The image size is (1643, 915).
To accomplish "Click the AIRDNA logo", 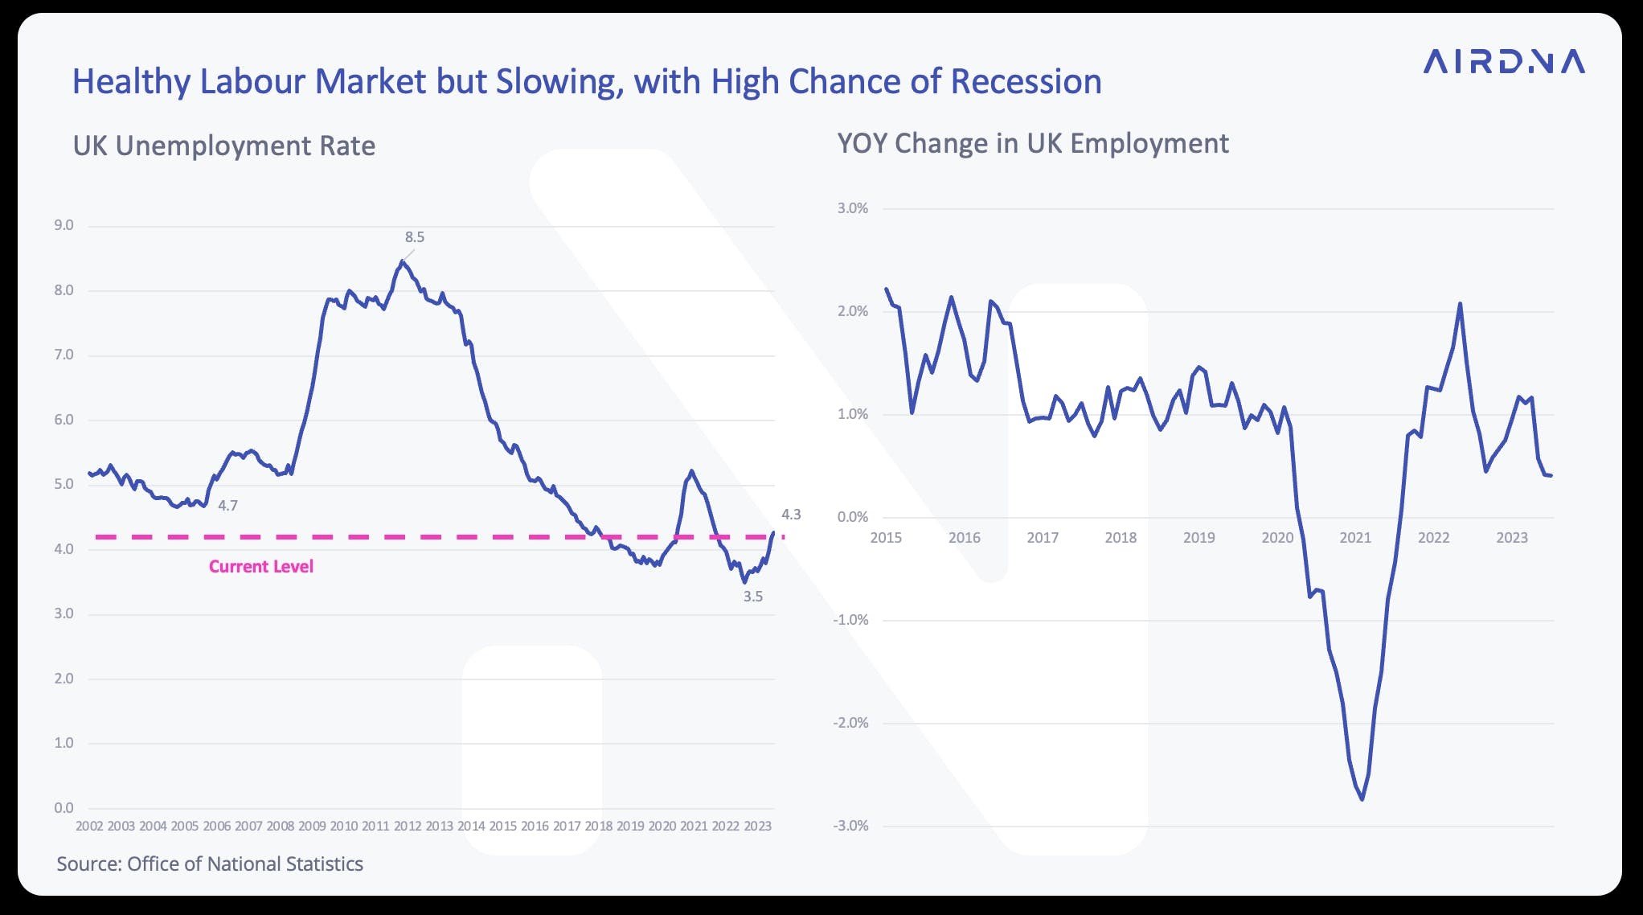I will (x=1504, y=61).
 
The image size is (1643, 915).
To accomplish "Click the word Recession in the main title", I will (x=1026, y=82).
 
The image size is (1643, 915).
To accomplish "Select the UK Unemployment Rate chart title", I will (x=224, y=146).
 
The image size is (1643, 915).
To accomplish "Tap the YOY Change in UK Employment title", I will (x=1033, y=143).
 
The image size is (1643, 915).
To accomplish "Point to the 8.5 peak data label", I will (x=414, y=237).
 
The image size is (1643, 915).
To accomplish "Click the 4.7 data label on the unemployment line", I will (x=227, y=506).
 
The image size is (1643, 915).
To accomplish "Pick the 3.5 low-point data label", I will (x=752, y=597).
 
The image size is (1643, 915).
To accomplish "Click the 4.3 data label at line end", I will (x=791, y=515).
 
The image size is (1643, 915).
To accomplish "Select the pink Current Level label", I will (x=261, y=567).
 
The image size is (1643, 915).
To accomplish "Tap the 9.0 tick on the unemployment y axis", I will (x=64, y=225).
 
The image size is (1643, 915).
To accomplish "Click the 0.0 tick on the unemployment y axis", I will (x=64, y=808).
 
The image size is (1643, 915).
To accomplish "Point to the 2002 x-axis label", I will (x=89, y=827).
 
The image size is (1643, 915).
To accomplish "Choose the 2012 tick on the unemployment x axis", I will (x=408, y=827).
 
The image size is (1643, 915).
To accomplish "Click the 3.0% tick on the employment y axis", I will (x=853, y=208).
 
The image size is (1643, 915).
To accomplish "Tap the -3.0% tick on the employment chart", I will (x=851, y=826).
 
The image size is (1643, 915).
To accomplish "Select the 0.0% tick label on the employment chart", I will (x=853, y=517).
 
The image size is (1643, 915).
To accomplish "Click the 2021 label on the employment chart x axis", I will (x=1355, y=538).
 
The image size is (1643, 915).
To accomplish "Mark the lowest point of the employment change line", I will (x=1362, y=798).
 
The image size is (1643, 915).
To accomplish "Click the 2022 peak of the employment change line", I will (x=1460, y=304).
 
